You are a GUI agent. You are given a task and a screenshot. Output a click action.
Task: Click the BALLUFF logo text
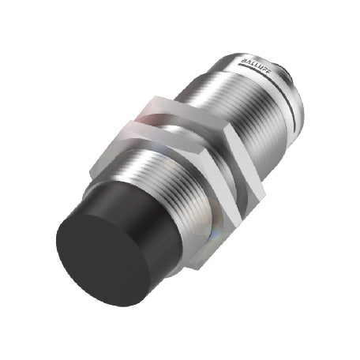pyautogui.click(x=254, y=67)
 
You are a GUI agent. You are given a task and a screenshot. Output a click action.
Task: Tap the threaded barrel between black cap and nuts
pyautogui.click(x=168, y=182)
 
